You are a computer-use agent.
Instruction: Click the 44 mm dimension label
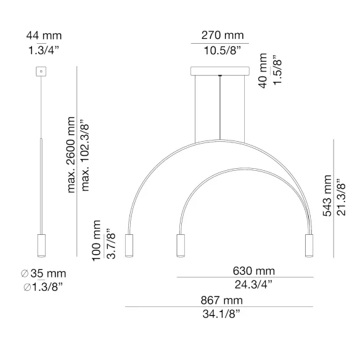[44, 36]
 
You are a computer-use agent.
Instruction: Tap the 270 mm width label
[223, 35]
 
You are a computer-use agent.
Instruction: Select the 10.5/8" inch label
[223, 51]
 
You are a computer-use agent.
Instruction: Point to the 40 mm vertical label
[263, 71]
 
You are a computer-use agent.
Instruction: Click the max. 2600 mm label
[71, 155]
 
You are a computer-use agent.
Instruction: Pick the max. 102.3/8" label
[84, 155]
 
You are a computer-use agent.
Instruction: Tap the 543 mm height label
[327, 195]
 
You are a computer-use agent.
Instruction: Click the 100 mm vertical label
[96, 240]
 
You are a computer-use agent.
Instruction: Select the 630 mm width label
[254, 271]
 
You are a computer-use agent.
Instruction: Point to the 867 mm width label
[221, 300]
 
